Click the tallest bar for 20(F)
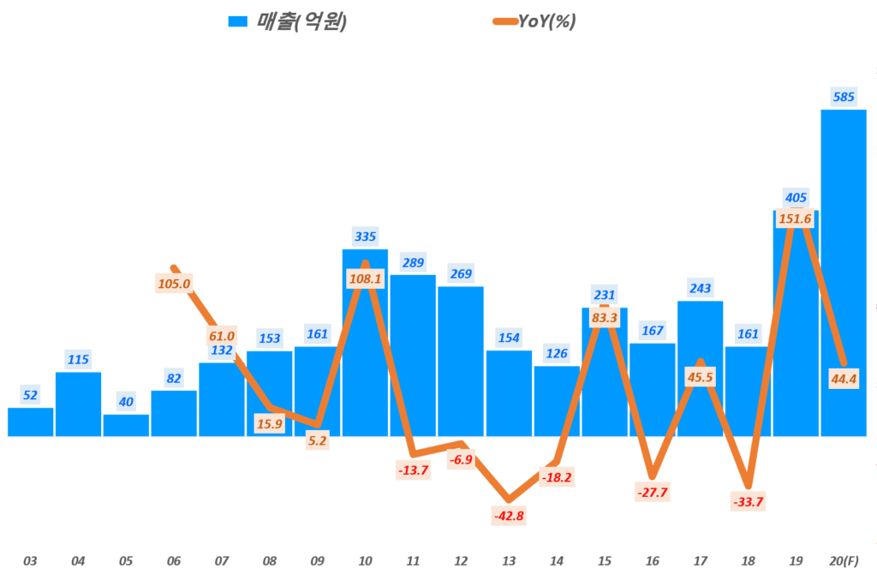tap(844, 274)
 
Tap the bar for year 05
tap(126, 425)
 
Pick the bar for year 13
tap(509, 394)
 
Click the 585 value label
tap(844, 97)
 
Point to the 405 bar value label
tap(796, 198)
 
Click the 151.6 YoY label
tap(795, 219)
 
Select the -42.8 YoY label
tap(509, 516)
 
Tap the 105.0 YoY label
tap(174, 283)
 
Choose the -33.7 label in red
tap(748, 501)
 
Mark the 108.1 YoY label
tap(366, 279)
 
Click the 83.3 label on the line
tap(605, 318)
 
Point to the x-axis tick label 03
tap(30, 561)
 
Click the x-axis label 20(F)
tap(844, 561)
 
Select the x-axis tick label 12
tap(461, 561)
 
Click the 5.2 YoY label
tap(317, 440)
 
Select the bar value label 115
tap(78, 359)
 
